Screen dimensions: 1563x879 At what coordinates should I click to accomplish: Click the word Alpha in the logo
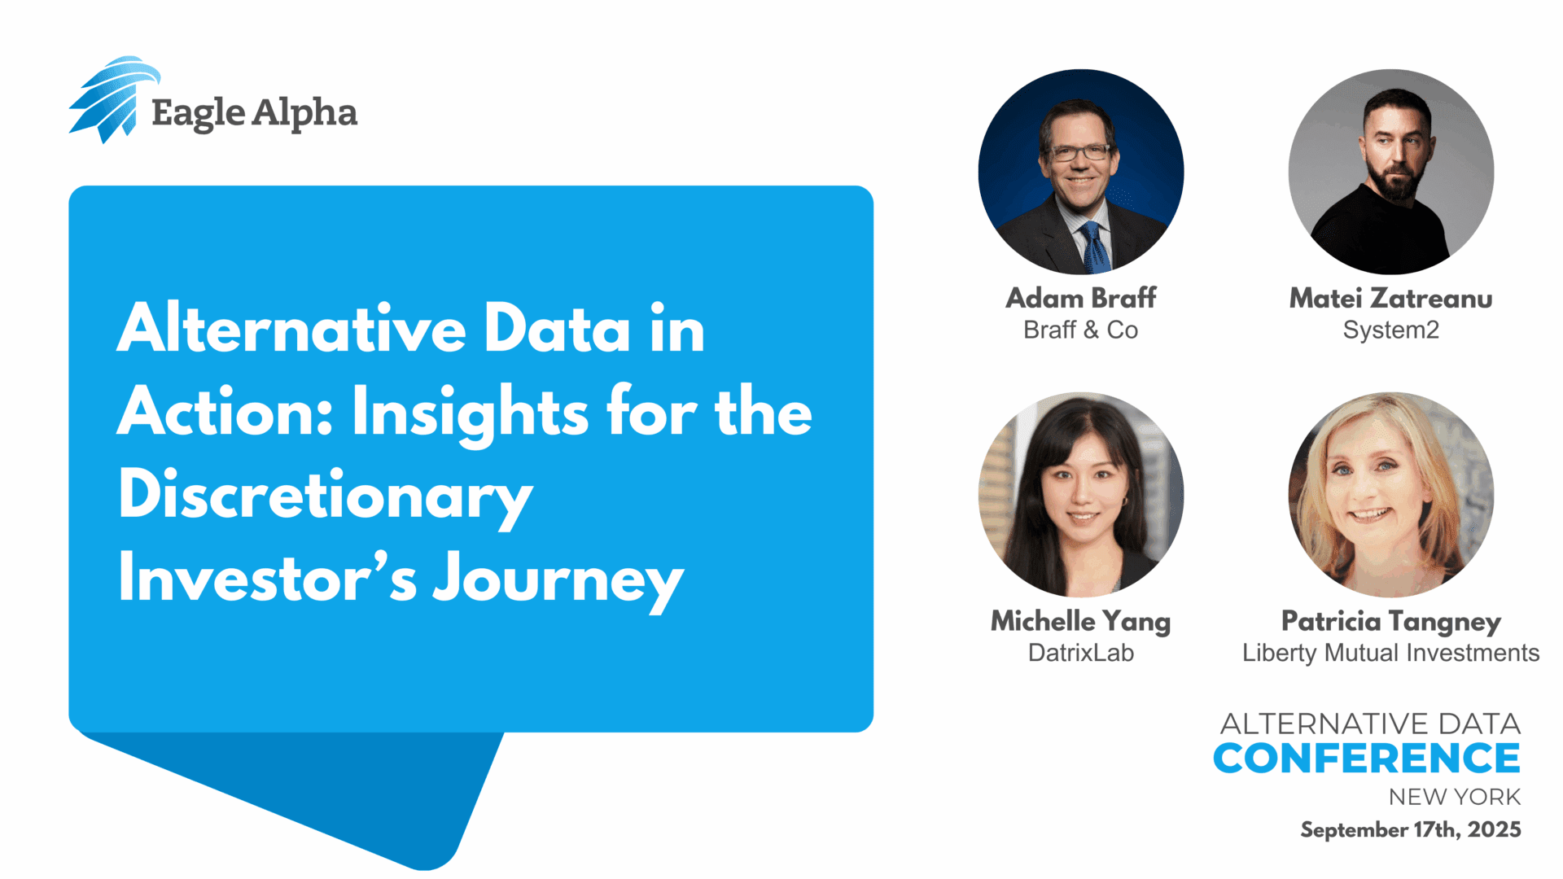(304, 114)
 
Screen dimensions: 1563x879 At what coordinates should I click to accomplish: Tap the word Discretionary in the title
(326, 496)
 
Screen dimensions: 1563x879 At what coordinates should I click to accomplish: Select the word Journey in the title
(558, 580)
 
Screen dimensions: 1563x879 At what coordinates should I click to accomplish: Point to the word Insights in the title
(470, 413)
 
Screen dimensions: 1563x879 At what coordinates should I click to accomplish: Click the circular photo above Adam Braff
(1081, 172)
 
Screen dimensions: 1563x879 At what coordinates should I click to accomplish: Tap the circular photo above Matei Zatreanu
(1391, 172)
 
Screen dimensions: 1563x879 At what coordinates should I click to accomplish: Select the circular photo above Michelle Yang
(1081, 495)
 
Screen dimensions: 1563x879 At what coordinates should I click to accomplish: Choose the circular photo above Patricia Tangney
(1391, 495)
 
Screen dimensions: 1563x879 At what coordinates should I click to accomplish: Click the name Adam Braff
(1081, 298)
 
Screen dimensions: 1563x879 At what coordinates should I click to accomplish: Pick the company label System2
(1391, 330)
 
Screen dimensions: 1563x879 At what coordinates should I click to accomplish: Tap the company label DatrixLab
(1081, 653)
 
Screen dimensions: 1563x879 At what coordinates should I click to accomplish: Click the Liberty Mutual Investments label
(1391, 653)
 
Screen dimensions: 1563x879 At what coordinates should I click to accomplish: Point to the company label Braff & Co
(1081, 330)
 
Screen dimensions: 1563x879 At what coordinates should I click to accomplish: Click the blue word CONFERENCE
(1367, 759)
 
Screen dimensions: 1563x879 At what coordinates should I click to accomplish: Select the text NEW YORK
(1455, 797)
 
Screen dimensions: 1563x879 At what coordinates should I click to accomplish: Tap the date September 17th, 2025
(1411, 829)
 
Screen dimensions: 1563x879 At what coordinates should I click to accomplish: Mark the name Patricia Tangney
(1391, 622)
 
